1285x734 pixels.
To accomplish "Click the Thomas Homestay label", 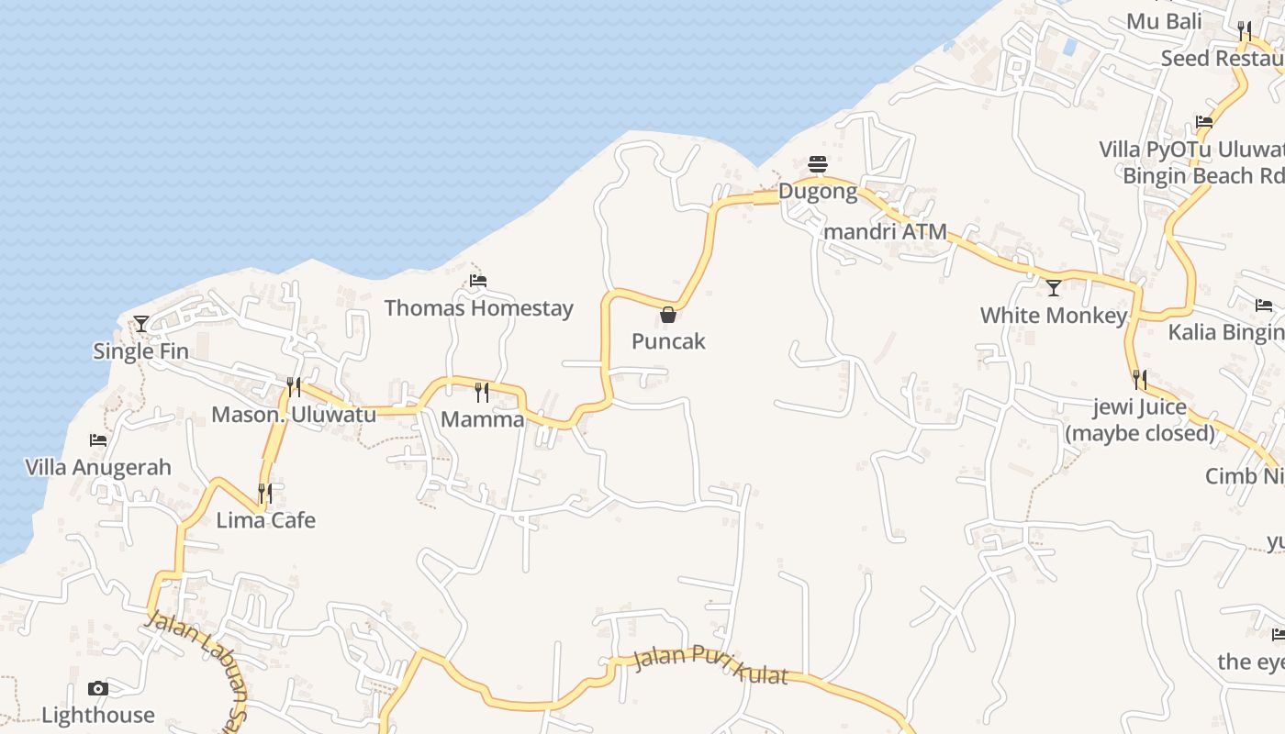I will [x=478, y=308].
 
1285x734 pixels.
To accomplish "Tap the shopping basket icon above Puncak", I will [x=668, y=315].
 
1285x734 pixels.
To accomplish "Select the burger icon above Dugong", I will [x=818, y=164].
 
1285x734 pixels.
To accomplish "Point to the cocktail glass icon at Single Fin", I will [x=141, y=323].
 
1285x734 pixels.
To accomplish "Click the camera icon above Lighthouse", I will [x=98, y=688].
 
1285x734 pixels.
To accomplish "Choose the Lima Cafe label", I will [x=265, y=520].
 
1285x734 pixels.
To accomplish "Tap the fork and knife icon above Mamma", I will [x=482, y=393].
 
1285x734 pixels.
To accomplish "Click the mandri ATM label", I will [x=885, y=232].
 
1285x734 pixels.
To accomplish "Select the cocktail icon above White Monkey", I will [x=1054, y=288].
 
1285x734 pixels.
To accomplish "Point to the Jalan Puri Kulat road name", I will [x=710, y=664].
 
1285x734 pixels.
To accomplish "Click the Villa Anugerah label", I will [x=98, y=467].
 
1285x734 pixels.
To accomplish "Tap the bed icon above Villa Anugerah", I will [x=98, y=440].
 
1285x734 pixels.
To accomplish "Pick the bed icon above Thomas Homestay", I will [x=478, y=281].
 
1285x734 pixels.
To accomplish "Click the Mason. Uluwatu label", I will [x=294, y=415].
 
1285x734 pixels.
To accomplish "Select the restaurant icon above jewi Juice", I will [x=1140, y=379].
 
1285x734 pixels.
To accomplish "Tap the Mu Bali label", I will [x=1164, y=21].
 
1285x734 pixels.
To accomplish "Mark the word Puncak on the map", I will [x=668, y=341].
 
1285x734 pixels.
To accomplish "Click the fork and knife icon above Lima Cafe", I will [x=265, y=494].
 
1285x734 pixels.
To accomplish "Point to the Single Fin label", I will [x=141, y=350].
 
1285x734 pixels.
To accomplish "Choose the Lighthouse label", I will [x=98, y=715].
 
